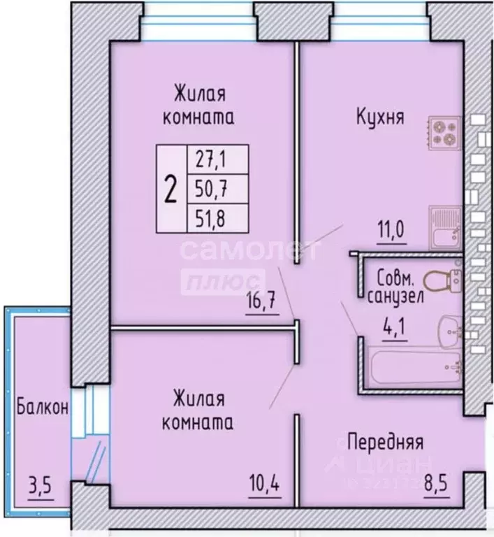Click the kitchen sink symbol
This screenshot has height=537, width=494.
(x=444, y=228)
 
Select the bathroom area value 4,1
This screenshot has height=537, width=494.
(x=393, y=326)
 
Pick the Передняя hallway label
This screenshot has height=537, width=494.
(x=385, y=442)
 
